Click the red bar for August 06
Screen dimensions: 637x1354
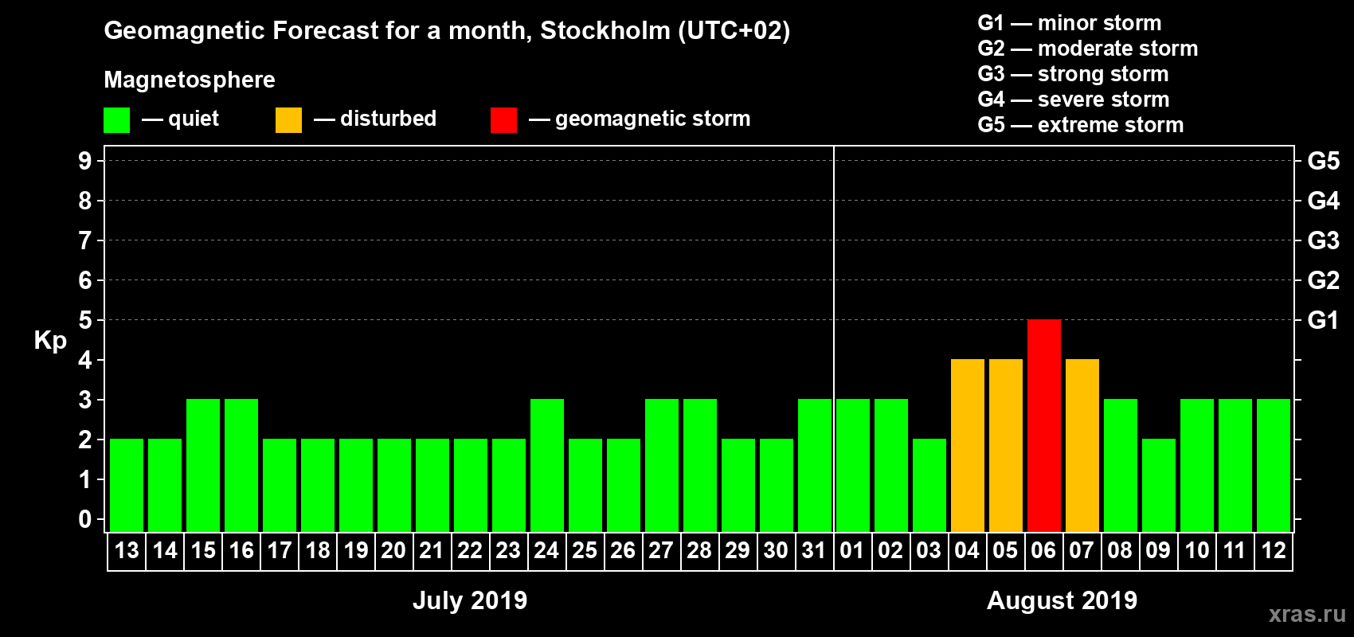(1043, 425)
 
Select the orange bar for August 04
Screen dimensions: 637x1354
(967, 445)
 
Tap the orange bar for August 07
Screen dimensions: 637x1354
(1082, 445)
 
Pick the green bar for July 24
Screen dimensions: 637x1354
(546, 465)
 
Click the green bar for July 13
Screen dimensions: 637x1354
(126, 485)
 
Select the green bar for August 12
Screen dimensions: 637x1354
(1273, 465)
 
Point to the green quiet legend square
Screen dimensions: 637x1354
(116, 120)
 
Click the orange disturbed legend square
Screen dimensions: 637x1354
(288, 120)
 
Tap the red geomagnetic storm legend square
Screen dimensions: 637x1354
(503, 120)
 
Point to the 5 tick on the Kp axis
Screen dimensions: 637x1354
(85, 320)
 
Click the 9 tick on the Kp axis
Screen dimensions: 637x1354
(85, 161)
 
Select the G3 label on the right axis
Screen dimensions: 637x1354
(1323, 240)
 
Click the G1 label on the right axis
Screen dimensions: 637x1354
(1323, 320)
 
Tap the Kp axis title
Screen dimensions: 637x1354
(50, 341)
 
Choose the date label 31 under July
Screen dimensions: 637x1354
(814, 550)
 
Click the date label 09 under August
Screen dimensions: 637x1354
(1158, 550)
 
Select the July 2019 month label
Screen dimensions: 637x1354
(470, 600)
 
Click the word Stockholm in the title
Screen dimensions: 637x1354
(605, 31)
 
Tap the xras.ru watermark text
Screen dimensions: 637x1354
(1306, 614)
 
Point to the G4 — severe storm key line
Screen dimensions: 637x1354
(1073, 100)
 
